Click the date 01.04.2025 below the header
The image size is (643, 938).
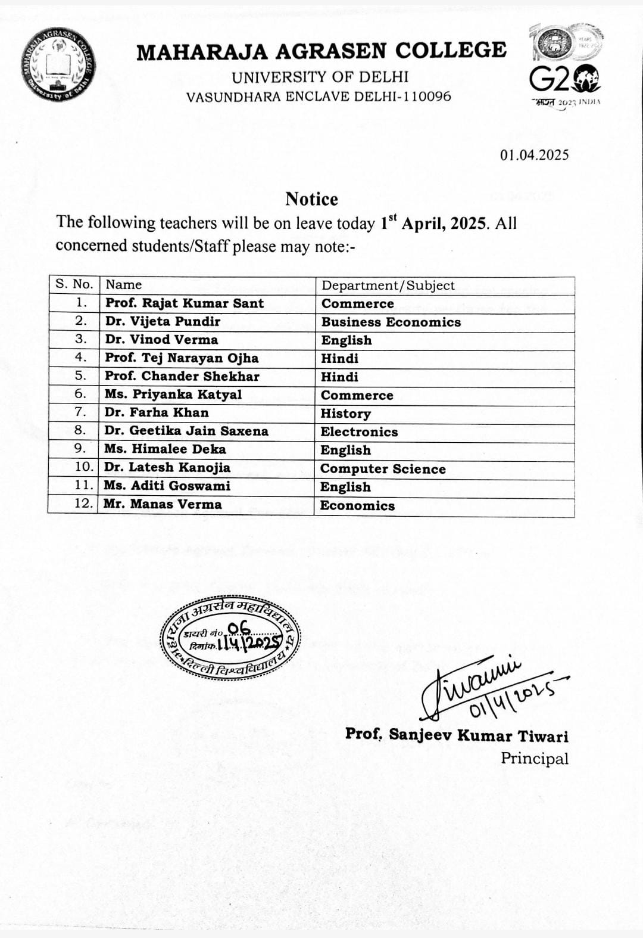tap(534, 155)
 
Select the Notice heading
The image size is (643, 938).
tap(311, 199)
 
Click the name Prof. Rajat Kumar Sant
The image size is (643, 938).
tap(185, 303)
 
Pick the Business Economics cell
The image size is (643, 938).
tap(391, 322)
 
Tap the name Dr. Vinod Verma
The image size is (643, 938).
tap(161, 340)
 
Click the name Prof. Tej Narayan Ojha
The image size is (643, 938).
tap(182, 358)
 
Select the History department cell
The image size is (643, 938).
tap(345, 414)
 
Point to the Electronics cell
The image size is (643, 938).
tap(359, 432)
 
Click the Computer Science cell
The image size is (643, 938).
tap(383, 469)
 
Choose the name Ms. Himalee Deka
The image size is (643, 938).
tap(165, 449)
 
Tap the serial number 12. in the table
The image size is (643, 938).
tap(83, 504)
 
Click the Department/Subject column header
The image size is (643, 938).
tap(388, 285)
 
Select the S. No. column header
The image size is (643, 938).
tap(74, 284)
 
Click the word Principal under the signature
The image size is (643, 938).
tap(534, 759)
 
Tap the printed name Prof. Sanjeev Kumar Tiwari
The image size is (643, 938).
tap(457, 735)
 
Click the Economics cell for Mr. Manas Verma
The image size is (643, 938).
tap(357, 506)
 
